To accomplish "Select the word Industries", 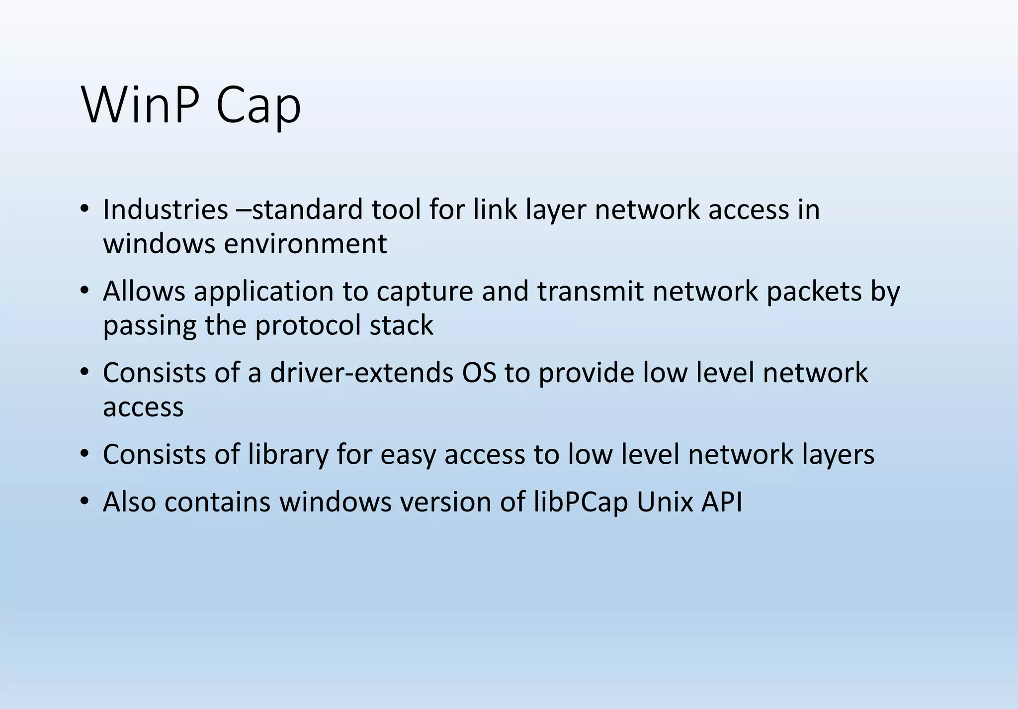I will click(165, 209).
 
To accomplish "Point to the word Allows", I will click(144, 291).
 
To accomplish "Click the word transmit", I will click(591, 291).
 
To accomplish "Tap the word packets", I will click(814, 291).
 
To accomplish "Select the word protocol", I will click(308, 326).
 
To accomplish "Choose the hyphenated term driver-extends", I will click(361, 373).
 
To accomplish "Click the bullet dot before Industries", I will click(84, 209).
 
